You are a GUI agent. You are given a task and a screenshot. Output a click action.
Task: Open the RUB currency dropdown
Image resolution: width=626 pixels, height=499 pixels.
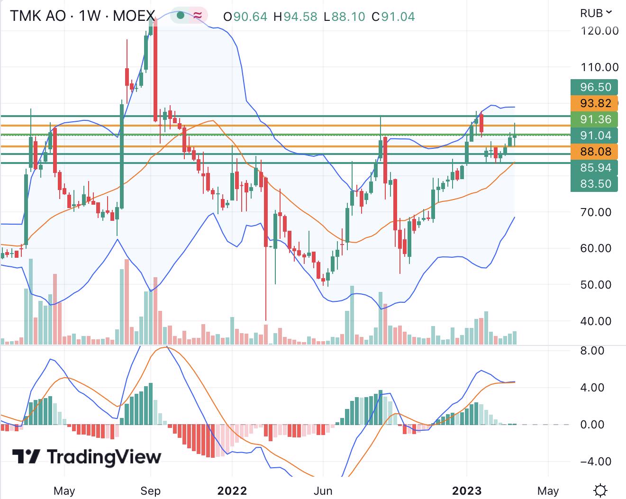pyautogui.click(x=596, y=13)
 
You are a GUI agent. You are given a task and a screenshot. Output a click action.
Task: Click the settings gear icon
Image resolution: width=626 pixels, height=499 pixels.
pyautogui.click(x=600, y=490)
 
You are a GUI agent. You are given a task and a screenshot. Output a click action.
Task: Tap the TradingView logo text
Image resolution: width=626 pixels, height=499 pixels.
pyautogui.click(x=87, y=457)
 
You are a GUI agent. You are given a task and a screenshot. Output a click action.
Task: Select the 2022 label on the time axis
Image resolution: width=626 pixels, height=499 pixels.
pyautogui.click(x=232, y=490)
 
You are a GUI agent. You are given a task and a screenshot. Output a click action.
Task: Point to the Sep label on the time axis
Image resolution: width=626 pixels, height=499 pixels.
pyautogui.click(x=150, y=490)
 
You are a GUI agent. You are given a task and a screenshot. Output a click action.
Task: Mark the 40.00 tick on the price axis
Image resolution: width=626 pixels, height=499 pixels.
pyautogui.click(x=596, y=321)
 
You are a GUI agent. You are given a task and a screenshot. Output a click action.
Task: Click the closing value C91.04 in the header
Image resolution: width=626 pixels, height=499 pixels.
pyautogui.click(x=393, y=17)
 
